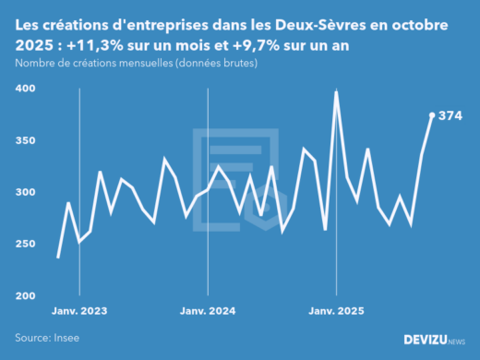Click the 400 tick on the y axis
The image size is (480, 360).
click(24, 89)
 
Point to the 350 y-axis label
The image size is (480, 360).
click(24, 140)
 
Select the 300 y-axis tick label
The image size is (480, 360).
click(24, 192)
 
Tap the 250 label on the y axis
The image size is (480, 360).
click(24, 244)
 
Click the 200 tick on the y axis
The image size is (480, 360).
click(24, 295)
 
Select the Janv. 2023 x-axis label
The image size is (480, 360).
click(80, 312)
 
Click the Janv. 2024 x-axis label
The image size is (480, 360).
click(208, 312)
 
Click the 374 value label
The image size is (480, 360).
click(450, 116)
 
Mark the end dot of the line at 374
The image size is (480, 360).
click(432, 115)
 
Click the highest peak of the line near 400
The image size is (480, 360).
click(336, 92)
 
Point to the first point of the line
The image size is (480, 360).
click(58, 257)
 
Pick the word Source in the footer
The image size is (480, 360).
click(31, 339)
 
